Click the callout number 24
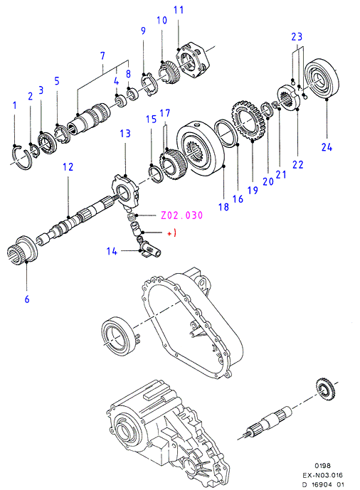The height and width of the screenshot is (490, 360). pyautogui.click(x=327, y=147)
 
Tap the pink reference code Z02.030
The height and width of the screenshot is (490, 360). pyautogui.click(x=181, y=215)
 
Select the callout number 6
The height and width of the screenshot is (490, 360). pyautogui.click(x=27, y=299)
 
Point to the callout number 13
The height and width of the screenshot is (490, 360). pyautogui.click(x=125, y=134)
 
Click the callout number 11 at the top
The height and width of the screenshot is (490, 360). pyautogui.click(x=179, y=10)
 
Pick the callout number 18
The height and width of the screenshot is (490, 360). pyautogui.click(x=223, y=206)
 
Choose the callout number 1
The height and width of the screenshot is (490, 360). pyautogui.click(x=14, y=105)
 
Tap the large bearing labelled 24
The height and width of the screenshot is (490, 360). pyautogui.click(x=322, y=78)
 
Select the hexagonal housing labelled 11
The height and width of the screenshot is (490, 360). pyautogui.click(x=192, y=61)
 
